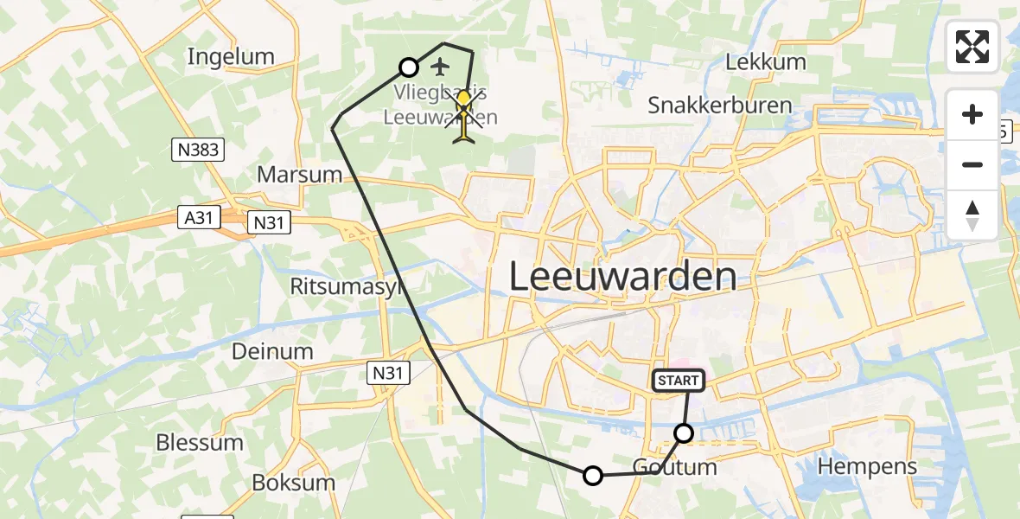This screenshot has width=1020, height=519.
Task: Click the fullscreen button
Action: point(972,47)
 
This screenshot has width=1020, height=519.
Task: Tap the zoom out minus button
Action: point(972,164)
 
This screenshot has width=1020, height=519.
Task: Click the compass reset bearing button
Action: point(972,215)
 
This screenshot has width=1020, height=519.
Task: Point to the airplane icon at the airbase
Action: point(440,67)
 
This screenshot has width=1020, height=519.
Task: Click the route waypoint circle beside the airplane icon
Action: point(409,67)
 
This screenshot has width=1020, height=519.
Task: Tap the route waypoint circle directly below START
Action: point(684,433)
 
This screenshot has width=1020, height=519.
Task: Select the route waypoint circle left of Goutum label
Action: point(593,475)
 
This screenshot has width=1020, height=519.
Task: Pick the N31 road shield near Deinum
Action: point(387,373)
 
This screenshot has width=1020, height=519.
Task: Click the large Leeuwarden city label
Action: point(622,277)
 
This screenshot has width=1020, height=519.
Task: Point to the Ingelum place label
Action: point(231,57)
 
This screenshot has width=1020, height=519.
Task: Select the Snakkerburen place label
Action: point(719,106)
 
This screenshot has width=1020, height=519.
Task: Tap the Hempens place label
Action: point(867,466)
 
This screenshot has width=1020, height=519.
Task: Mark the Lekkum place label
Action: point(765,62)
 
